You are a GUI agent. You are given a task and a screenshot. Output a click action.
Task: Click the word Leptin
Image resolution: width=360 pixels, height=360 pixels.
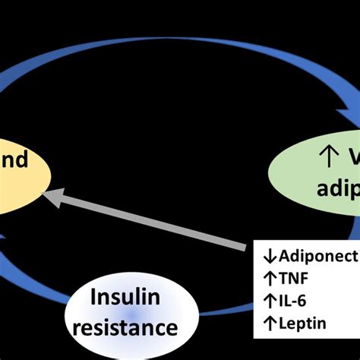pyautogui.click(x=301, y=302)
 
